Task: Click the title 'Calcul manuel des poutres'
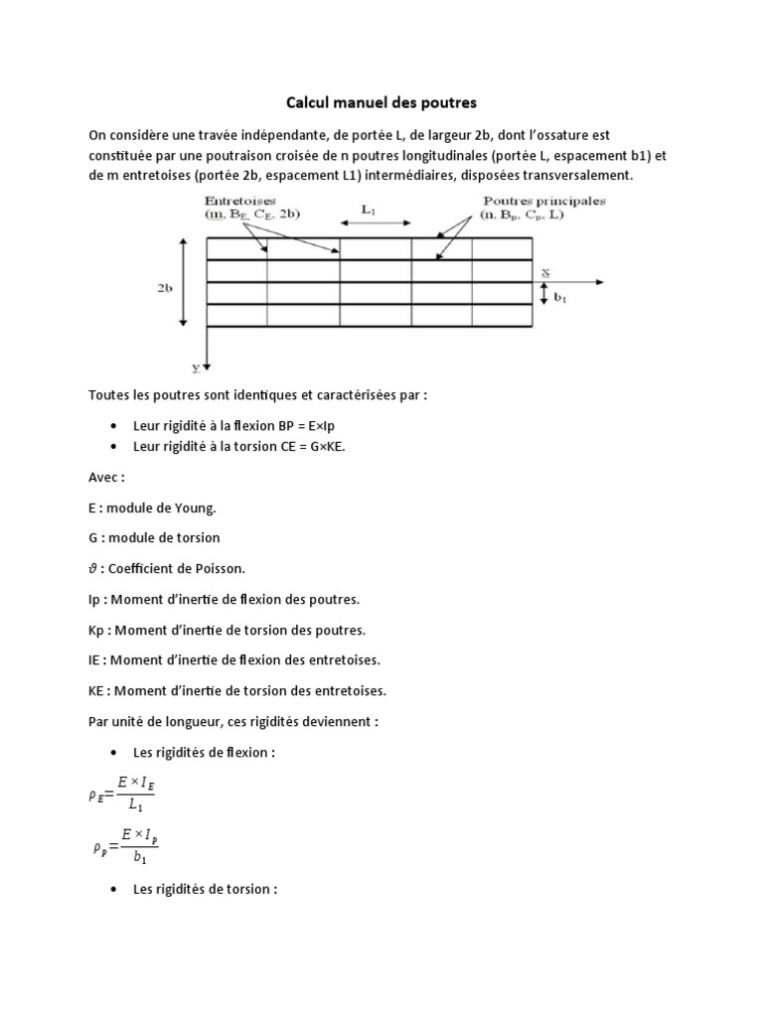pyautogui.click(x=381, y=102)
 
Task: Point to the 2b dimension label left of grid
pyautogui.click(x=165, y=287)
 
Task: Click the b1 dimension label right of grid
pyautogui.click(x=559, y=296)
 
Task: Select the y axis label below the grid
pyautogui.click(x=197, y=366)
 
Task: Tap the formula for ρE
pyautogui.click(x=122, y=794)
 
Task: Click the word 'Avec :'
pyautogui.click(x=106, y=477)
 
